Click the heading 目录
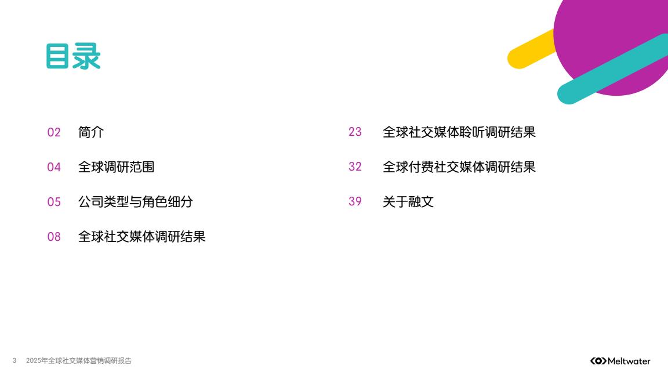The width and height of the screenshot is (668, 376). click(73, 56)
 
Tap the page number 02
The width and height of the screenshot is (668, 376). click(54, 132)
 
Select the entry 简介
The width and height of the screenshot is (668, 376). click(90, 132)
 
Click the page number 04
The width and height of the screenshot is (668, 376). click(54, 167)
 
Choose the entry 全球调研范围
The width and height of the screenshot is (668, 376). click(117, 167)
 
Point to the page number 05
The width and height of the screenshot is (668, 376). click(54, 202)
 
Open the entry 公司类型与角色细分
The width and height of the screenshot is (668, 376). click(136, 202)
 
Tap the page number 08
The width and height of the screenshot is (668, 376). click(54, 237)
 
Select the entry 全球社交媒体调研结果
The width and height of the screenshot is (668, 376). click(142, 237)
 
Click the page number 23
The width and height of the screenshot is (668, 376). click(355, 132)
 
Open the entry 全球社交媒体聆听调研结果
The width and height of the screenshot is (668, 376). click(459, 132)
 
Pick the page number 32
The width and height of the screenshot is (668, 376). click(355, 167)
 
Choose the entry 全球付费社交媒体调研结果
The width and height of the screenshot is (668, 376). click(459, 167)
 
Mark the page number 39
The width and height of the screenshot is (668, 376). click(355, 201)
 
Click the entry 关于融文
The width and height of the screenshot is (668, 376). click(408, 202)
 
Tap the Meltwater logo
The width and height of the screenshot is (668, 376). click(620, 361)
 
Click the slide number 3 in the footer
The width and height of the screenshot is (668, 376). click(14, 361)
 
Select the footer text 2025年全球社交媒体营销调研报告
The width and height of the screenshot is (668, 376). click(79, 361)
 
